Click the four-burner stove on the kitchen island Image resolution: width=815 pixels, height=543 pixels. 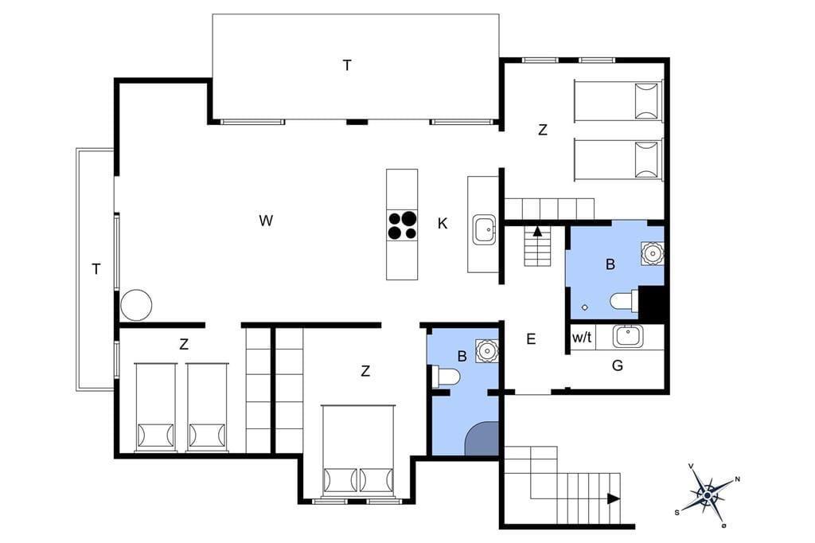pyautogui.click(x=402, y=225)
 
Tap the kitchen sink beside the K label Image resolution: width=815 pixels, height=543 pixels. pyautogui.click(x=485, y=231)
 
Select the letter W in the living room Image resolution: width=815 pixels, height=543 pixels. pyautogui.click(x=266, y=221)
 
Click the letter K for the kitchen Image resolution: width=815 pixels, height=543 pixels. pyautogui.click(x=443, y=224)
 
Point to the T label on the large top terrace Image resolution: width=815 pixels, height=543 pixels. pyautogui.click(x=347, y=65)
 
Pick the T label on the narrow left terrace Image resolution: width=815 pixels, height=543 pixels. pyautogui.click(x=96, y=269)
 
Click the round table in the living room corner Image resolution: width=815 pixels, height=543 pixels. pyautogui.click(x=136, y=305)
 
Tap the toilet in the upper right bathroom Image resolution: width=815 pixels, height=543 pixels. pyautogui.click(x=623, y=301)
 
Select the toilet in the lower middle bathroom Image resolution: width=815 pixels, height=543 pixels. pyautogui.click(x=445, y=377)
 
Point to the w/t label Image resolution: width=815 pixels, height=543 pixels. pyautogui.click(x=582, y=338)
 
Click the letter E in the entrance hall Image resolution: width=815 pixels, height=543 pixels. pyautogui.click(x=531, y=339)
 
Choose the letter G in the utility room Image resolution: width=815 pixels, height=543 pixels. pyautogui.click(x=618, y=365)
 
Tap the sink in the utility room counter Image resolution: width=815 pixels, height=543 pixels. pyautogui.click(x=627, y=336)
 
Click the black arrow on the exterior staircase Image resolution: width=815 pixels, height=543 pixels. pyautogui.click(x=614, y=498)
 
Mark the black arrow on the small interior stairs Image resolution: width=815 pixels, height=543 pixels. pyautogui.click(x=537, y=232)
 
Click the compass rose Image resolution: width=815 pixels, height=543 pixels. pyautogui.click(x=708, y=495)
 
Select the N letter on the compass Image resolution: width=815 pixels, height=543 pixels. pyautogui.click(x=738, y=479)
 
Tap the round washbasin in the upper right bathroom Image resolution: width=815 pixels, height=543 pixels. pyautogui.click(x=652, y=254)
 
